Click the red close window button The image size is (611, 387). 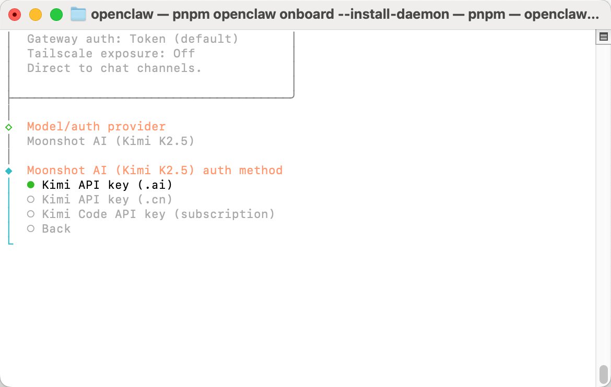(x=15, y=15)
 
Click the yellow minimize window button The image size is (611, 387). (x=36, y=15)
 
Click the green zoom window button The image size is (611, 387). (x=56, y=15)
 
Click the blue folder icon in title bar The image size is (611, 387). (x=78, y=15)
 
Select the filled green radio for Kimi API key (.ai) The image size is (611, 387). (x=31, y=185)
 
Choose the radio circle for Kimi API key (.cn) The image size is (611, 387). (x=31, y=199)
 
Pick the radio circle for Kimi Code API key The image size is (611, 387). (x=31, y=214)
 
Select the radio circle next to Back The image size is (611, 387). (x=31, y=228)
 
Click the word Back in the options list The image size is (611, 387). (x=56, y=228)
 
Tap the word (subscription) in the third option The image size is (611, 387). (x=225, y=214)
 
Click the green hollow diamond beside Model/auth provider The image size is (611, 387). (x=8, y=127)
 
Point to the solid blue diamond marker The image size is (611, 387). (x=8, y=171)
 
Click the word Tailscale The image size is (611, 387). (x=60, y=53)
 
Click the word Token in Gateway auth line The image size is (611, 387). (x=148, y=39)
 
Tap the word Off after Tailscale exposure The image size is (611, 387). (x=184, y=53)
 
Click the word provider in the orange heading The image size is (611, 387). (x=137, y=127)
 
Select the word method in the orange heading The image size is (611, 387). (x=261, y=170)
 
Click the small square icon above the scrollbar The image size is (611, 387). (x=604, y=37)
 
